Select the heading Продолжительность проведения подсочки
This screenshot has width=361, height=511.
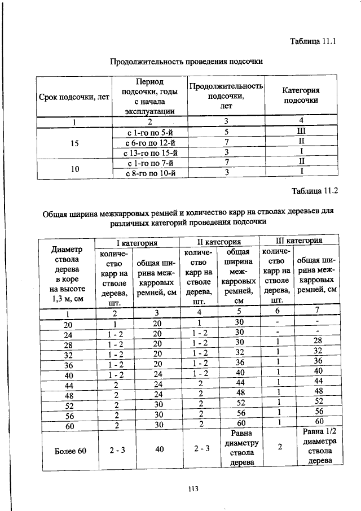(x=187, y=60)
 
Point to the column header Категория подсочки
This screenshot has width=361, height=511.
(x=301, y=95)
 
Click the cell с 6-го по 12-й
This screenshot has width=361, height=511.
(x=149, y=141)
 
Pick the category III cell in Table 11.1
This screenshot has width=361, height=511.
(x=301, y=130)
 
